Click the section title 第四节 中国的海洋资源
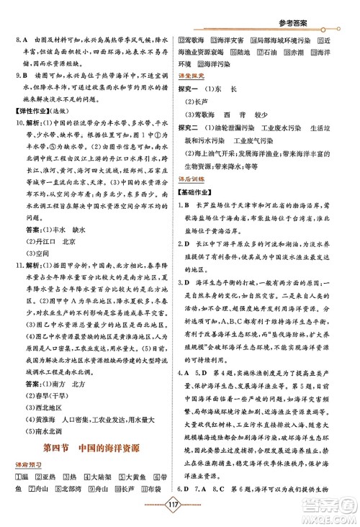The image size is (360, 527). click(x=94, y=450)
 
